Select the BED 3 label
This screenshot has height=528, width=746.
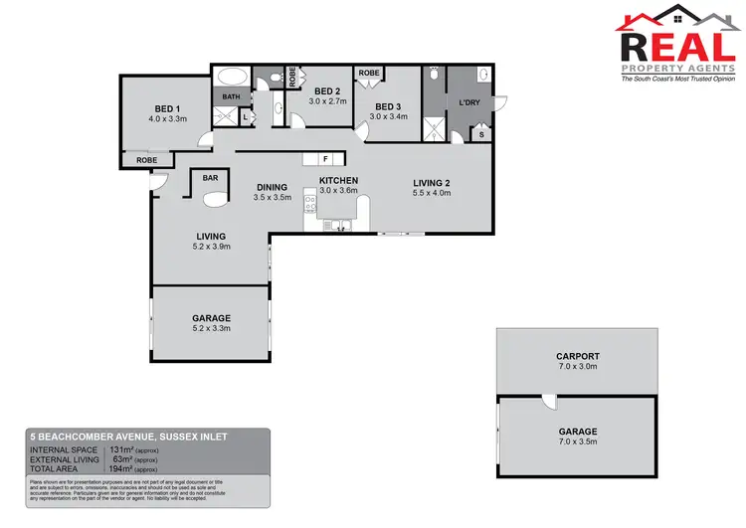point(388,106)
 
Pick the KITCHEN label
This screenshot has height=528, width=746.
point(338,180)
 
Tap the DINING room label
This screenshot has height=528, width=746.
point(272,186)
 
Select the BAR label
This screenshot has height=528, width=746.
point(210,178)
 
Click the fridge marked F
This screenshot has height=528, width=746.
point(324,159)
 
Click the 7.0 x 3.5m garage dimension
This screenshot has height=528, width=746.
point(577,443)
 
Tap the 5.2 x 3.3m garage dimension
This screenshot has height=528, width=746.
point(211,329)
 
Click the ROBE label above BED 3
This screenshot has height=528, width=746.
point(368,74)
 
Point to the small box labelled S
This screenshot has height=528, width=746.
point(482,134)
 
